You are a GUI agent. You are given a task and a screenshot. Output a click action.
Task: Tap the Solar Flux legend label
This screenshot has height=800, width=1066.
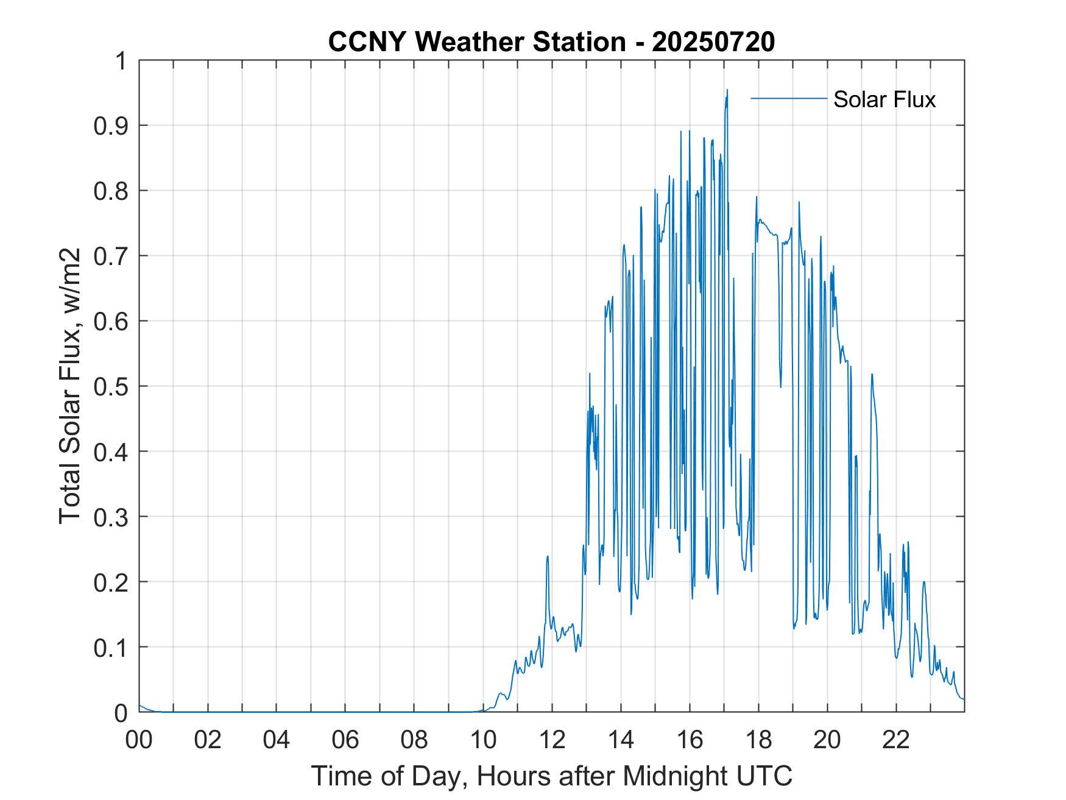(884, 99)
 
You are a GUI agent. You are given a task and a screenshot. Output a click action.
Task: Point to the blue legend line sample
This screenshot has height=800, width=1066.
(788, 98)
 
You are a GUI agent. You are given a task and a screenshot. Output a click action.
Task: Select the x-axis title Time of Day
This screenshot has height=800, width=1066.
(551, 776)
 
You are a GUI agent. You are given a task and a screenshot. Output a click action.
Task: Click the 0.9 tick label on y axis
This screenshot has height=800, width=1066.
(112, 126)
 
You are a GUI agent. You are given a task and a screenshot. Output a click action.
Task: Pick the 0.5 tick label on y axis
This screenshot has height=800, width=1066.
(112, 386)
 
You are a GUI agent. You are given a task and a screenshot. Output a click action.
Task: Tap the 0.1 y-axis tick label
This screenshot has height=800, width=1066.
(112, 647)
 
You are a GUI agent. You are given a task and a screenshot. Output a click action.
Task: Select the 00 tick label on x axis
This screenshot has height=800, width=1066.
(139, 740)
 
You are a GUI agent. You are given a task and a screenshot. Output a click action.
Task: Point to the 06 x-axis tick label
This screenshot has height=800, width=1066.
(346, 740)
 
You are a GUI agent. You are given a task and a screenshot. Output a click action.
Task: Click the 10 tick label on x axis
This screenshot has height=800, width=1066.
(484, 740)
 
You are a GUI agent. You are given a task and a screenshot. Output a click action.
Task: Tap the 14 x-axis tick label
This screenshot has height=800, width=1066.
(621, 740)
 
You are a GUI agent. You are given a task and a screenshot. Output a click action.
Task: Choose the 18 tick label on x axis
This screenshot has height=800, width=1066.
(759, 740)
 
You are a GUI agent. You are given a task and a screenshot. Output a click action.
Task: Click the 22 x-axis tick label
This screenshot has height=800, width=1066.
(897, 740)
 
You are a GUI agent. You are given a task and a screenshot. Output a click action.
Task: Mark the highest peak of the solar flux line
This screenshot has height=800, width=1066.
(727, 90)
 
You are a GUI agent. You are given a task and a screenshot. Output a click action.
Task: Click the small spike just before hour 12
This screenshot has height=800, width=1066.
(548, 556)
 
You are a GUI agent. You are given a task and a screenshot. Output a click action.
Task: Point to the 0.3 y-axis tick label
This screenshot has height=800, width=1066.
(112, 517)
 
